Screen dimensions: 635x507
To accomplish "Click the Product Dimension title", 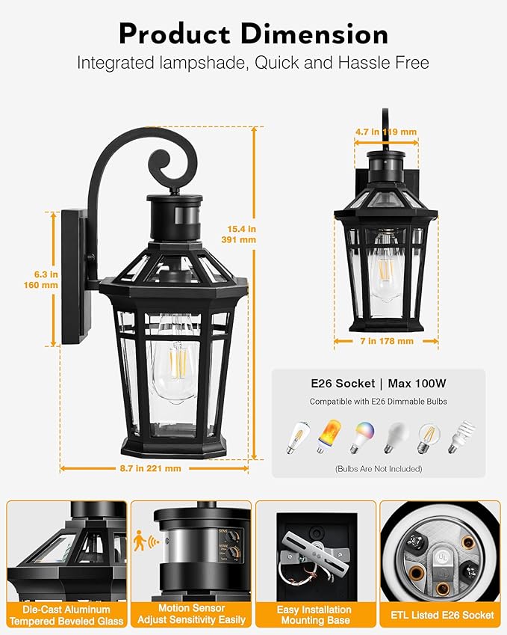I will pos(253,34).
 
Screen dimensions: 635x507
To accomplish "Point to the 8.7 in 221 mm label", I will pos(152,468).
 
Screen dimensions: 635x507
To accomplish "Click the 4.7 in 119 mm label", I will pos(385,132).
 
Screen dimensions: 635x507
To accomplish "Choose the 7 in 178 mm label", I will pos(385,341).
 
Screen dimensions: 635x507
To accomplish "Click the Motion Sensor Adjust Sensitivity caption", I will pos(192,615).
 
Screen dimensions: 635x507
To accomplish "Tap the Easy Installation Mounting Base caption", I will pos(314,615).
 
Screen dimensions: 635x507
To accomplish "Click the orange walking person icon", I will pos(140,540).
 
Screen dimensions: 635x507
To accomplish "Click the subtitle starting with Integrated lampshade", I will pos(253,63).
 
